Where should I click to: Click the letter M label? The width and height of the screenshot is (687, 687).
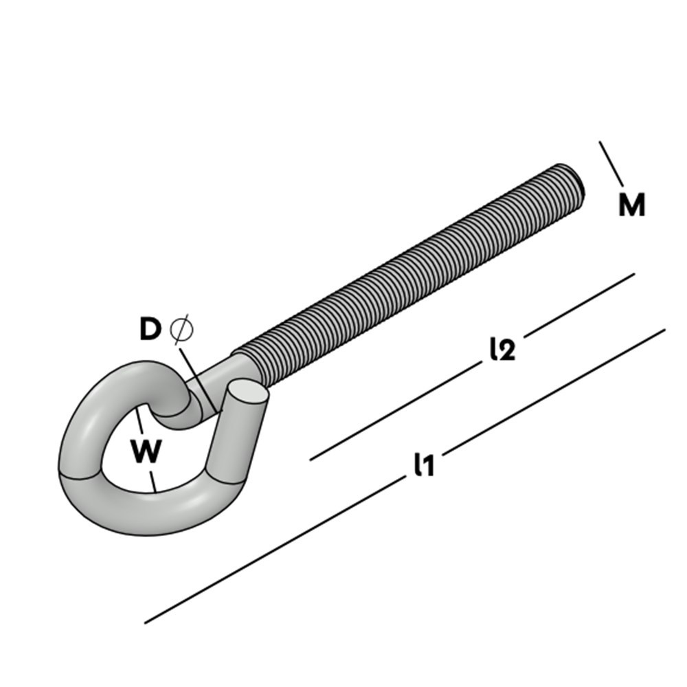[631, 205]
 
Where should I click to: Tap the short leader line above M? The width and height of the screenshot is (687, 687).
[611, 164]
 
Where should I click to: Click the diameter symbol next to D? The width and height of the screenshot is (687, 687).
[181, 330]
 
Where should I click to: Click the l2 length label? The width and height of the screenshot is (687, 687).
[502, 350]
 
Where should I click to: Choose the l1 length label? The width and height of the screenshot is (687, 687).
[424, 465]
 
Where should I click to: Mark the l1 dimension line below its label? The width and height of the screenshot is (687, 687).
[275, 546]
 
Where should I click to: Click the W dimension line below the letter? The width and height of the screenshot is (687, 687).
[153, 478]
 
